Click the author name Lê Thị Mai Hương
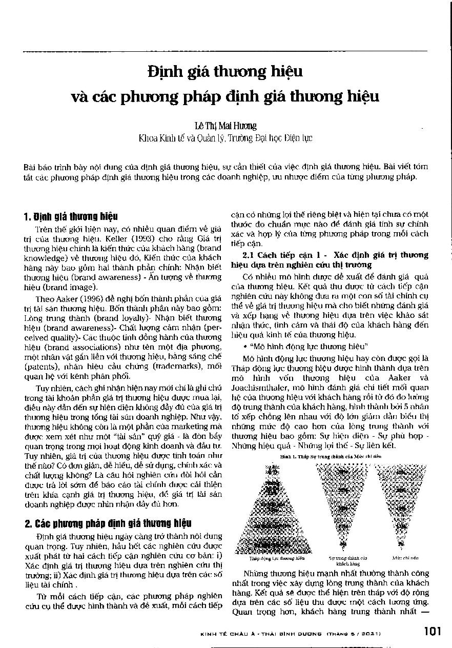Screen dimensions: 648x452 click(226, 125)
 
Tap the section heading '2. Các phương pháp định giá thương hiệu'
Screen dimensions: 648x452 click(108, 523)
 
